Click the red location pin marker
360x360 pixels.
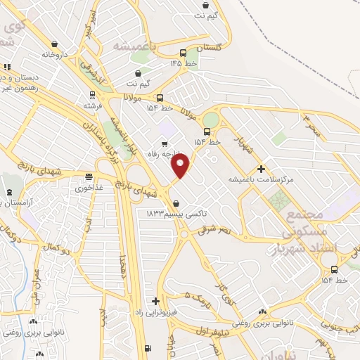(181, 166)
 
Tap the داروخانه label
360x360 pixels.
(56, 54)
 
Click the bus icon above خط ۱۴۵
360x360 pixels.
(183, 53)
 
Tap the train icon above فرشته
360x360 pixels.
(92, 95)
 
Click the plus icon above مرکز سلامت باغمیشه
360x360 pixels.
(261, 169)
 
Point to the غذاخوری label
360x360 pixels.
(89, 188)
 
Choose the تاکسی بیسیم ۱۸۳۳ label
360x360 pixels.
(168, 212)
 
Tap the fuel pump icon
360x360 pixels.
(146, 348)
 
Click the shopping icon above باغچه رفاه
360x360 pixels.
(164, 144)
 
